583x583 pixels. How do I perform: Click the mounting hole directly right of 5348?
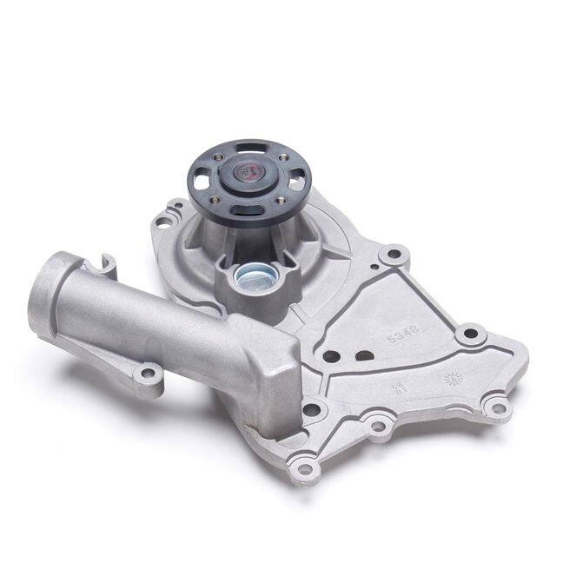(x=469, y=334)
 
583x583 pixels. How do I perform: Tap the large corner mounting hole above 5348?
(x=394, y=255)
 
